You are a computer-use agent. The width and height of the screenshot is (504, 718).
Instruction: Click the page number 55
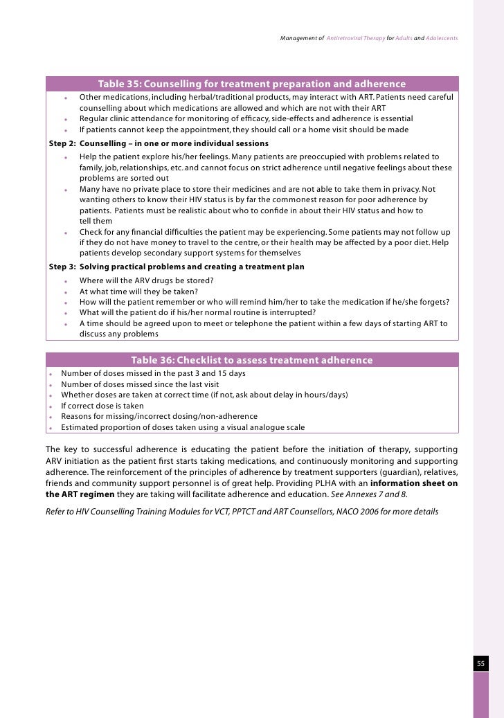480,664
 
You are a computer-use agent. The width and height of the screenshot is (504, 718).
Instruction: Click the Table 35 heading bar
252,84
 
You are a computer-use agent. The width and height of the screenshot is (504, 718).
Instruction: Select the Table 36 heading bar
252,360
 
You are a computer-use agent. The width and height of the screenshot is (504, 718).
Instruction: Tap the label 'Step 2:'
62,143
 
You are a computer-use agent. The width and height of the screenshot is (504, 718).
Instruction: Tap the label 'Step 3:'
62,267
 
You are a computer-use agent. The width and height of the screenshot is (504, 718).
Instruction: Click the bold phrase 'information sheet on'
414,483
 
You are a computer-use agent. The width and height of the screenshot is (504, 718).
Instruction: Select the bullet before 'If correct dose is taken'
51,406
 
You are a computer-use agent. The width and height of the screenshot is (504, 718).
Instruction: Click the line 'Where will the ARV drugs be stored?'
146,280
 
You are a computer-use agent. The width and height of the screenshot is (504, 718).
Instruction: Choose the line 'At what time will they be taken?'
138,291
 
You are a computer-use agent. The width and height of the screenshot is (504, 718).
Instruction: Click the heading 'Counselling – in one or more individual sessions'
174,143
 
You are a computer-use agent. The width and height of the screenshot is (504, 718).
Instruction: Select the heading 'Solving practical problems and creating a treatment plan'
192,267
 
